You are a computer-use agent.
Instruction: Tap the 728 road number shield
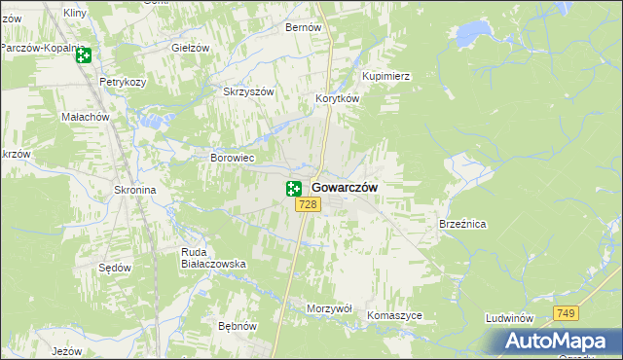pyautogui.click(x=308, y=204)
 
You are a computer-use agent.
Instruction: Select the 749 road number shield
pyautogui.click(x=567, y=312)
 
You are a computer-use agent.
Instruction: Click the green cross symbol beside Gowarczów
pyautogui.click(x=294, y=189)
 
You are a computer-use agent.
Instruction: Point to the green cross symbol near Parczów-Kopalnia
pyautogui.click(x=83, y=55)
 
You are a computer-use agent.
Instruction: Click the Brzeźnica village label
pyautogui.click(x=462, y=224)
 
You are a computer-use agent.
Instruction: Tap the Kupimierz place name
pyautogui.click(x=386, y=76)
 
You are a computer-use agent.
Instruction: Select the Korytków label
pyautogui.click(x=338, y=99)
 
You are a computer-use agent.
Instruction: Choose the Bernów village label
pyautogui.click(x=303, y=28)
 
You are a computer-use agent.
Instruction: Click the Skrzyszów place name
pyautogui.click(x=250, y=91)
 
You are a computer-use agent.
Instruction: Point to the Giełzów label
pyautogui.click(x=191, y=48)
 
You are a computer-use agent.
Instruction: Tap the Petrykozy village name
pyautogui.click(x=122, y=83)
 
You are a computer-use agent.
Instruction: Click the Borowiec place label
pyautogui.click(x=233, y=157)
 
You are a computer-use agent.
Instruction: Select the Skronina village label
pyautogui.click(x=135, y=191)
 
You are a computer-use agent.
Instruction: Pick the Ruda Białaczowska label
pyautogui.click(x=213, y=258)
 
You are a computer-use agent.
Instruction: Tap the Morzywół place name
pyautogui.click(x=328, y=307)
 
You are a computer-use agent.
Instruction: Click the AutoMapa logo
pyautogui.click(x=556, y=341)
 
